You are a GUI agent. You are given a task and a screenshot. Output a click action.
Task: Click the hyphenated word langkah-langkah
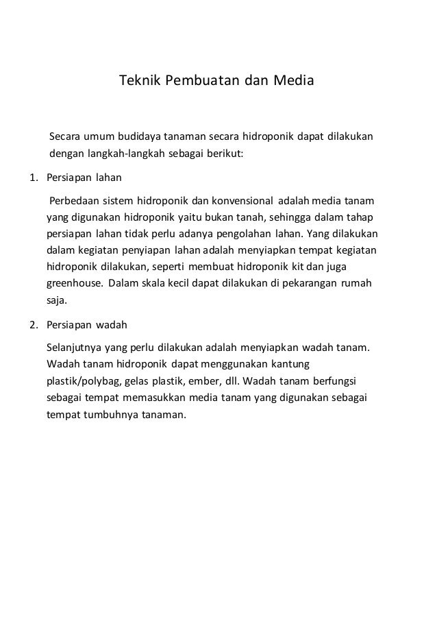coord(132,153)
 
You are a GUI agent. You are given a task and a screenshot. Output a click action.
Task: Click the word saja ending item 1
coord(57,300)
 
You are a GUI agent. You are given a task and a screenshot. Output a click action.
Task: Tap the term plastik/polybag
coord(78,380)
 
